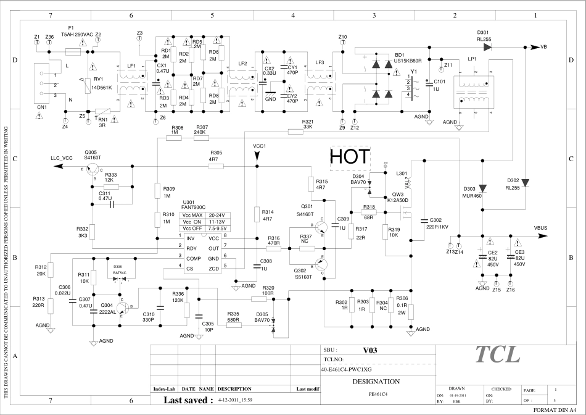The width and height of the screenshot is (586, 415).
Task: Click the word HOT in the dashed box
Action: [350, 157]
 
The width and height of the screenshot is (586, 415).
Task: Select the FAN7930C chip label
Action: [189, 207]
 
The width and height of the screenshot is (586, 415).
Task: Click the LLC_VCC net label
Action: [62, 158]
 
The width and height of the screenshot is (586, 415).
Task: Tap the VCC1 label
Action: [259, 146]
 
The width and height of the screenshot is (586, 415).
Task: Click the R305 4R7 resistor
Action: [216, 167]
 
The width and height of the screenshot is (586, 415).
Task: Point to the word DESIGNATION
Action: [376, 381]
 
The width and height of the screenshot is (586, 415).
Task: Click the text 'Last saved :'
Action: [188, 400]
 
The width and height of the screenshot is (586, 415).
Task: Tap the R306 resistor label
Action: [402, 298]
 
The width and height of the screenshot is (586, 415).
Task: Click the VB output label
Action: [543, 47]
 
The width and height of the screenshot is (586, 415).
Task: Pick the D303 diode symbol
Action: [483, 188]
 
